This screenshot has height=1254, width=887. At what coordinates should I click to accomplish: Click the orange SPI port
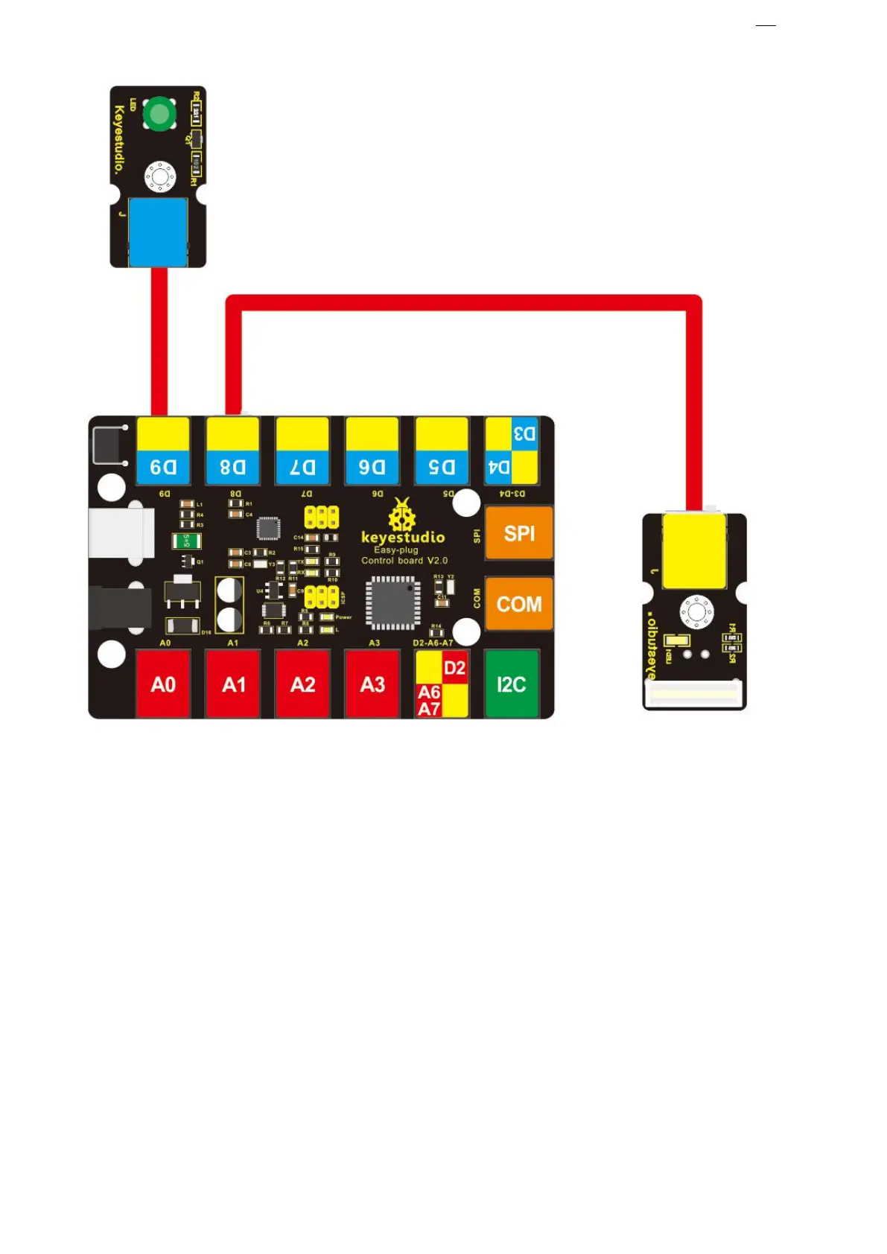pyautogui.click(x=518, y=533)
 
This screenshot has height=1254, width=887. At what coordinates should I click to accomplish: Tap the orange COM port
pyautogui.click(x=518, y=603)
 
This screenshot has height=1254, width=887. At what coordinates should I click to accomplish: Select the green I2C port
pyautogui.click(x=511, y=684)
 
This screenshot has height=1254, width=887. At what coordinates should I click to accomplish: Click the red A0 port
pyautogui.click(x=163, y=684)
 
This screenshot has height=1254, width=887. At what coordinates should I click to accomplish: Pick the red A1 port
pyautogui.click(x=233, y=684)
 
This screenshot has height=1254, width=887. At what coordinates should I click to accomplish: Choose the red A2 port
pyautogui.click(x=302, y=684)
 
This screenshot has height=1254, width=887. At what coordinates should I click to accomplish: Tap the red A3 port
pyautogui.click(x=372, y=684)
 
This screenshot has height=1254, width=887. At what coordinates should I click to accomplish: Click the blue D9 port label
pyautogui.click(x=163, y=467)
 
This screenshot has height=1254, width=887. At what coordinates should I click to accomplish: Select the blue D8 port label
pyautogui.click(x=232, y=467)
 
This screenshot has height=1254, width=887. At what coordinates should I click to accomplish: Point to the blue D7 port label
pyautogui.click(x=302, y=467)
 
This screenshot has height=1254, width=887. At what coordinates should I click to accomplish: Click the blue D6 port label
pyautogui.click(x=372, y=467)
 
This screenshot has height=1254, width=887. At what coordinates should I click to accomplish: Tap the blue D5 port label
pyautogui.click(x=442, y=467)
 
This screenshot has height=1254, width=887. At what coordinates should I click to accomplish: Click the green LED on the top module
pyautogui.click(x=159, y=114)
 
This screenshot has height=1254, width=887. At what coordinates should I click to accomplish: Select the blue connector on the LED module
pyautogui.click(x=158, y=231)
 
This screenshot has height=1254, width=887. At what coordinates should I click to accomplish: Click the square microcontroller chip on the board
pyautogui.click(x=392, y=602)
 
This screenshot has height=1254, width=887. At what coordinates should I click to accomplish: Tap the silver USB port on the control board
pyautogui.click(x=121, y=532)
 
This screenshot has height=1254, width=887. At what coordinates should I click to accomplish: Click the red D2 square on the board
pyautogui.click(x=454, y=667)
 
